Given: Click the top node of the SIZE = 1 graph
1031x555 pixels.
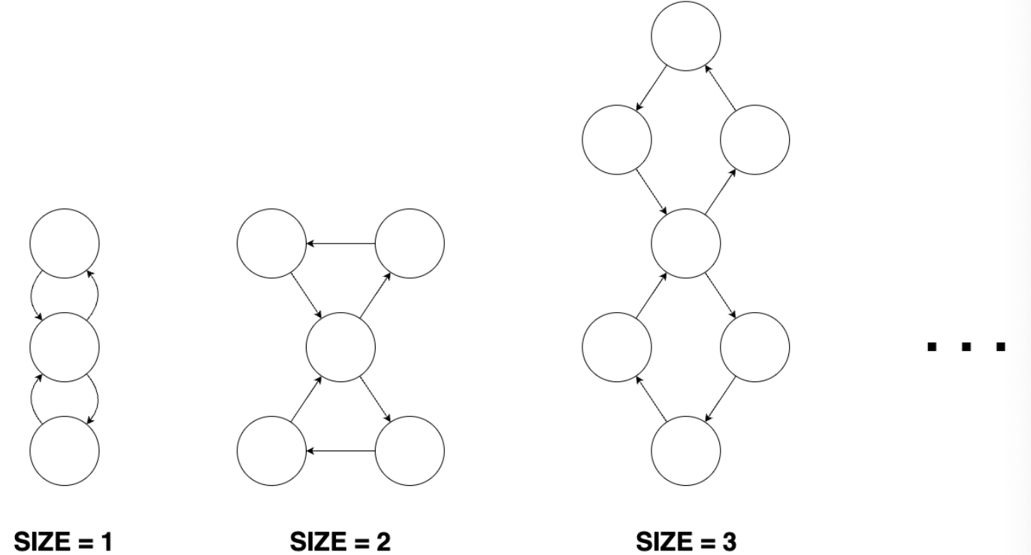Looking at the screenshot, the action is pos(65,244).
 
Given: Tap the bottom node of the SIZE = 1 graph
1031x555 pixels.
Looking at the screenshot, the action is pos(65,451).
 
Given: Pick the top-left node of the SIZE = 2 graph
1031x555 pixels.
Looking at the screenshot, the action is pos(271,244).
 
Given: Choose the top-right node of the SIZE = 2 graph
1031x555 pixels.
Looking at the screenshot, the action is pos(410,244).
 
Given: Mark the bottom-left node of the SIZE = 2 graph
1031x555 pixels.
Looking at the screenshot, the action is pos(271,451).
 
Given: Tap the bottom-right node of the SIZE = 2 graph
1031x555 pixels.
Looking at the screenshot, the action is pos(410,451).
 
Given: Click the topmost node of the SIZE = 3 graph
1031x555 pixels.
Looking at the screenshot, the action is pos(685,35).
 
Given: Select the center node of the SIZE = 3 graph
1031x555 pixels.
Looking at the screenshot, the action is pos(685,244).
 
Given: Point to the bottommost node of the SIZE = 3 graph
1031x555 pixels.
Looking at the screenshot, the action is pos(685,451).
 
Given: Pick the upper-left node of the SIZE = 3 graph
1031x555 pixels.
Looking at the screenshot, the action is pos(616,140).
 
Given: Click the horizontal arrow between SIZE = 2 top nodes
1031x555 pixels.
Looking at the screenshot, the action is pos(340,244).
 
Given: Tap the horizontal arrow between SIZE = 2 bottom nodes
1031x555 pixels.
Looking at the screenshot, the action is pos(340,451).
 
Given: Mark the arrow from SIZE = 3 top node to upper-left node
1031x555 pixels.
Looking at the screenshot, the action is pos(651,87).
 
